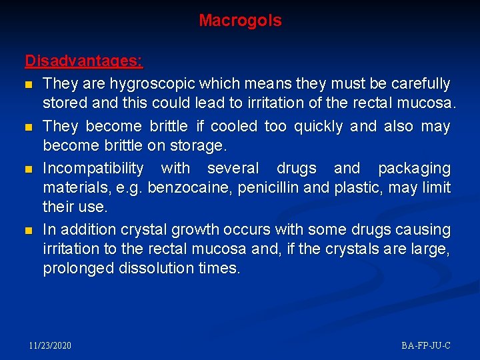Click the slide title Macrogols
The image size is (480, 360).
point(240,21)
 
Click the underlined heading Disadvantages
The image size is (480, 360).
point(83,61)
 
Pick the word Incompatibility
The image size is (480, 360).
point(93,168)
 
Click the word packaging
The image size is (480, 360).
point(414,168)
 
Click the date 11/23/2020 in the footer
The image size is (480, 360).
point(51,345)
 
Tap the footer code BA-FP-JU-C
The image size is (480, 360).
point(426,345)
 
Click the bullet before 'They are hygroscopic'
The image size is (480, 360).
point(29,85)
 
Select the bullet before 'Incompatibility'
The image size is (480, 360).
point(29,169)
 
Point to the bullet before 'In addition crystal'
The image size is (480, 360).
point(29,231)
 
